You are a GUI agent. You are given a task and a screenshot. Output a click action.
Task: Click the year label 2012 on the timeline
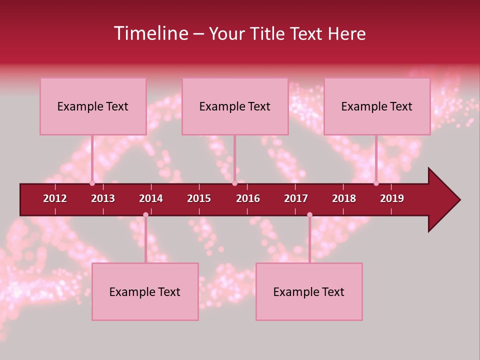tap(55, 198)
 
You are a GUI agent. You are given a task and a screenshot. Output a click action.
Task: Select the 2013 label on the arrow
tap(103, 198)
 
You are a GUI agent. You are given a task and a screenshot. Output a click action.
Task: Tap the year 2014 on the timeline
tap(151, 198)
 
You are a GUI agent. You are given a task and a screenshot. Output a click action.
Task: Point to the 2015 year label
tap(199, 198)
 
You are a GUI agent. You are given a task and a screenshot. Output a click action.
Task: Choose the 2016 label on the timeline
tap(248, 198)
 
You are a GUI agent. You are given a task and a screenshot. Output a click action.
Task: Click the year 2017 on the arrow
tap(296, 198)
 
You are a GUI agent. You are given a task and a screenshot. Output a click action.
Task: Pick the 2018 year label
tap(344, 198)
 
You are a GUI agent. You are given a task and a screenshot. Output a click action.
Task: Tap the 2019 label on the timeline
tap(392, 198)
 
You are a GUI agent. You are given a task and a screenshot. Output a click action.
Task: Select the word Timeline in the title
tap(150, 33)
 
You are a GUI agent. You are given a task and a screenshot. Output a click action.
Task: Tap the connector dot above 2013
tap(92, 183)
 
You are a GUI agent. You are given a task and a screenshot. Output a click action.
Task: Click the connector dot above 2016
tap(234, 183)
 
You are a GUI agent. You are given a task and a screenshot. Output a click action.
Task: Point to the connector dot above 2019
tap(376, 183)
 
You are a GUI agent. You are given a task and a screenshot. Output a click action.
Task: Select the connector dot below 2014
tap(145, 214)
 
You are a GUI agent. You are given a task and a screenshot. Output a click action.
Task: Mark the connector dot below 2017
tap(309, 214)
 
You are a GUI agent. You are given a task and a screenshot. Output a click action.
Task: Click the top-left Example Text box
tap(93, 106)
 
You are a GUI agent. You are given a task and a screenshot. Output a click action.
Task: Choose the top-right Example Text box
tap(377, 106)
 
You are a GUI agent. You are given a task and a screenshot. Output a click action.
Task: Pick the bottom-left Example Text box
tap(145, 292)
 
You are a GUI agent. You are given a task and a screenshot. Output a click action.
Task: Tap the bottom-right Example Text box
tap(309, 292)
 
